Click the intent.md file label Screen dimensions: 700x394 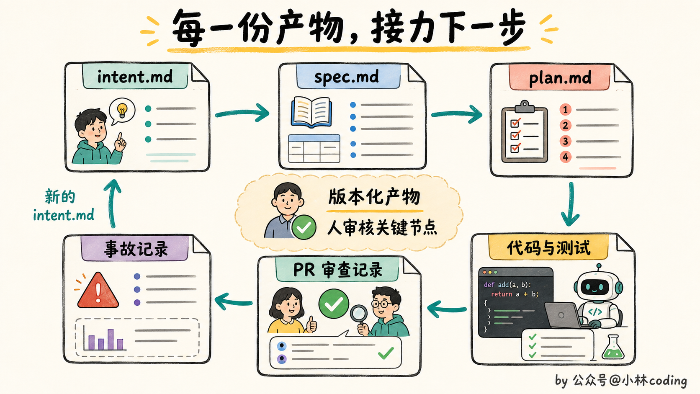[x=135, y=77]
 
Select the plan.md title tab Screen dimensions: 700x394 [x=560, y=78]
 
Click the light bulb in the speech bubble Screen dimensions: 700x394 [x=122, y=110]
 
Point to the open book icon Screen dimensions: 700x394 [x=311, y=112]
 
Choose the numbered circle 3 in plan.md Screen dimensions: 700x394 [x=565, y=141]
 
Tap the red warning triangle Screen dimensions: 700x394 [x=98, y=291]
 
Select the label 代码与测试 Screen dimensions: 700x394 [x=549, y=248]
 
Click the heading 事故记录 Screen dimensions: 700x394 [x=136, y=249]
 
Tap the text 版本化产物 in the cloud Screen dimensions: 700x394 [x=374, y=197]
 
